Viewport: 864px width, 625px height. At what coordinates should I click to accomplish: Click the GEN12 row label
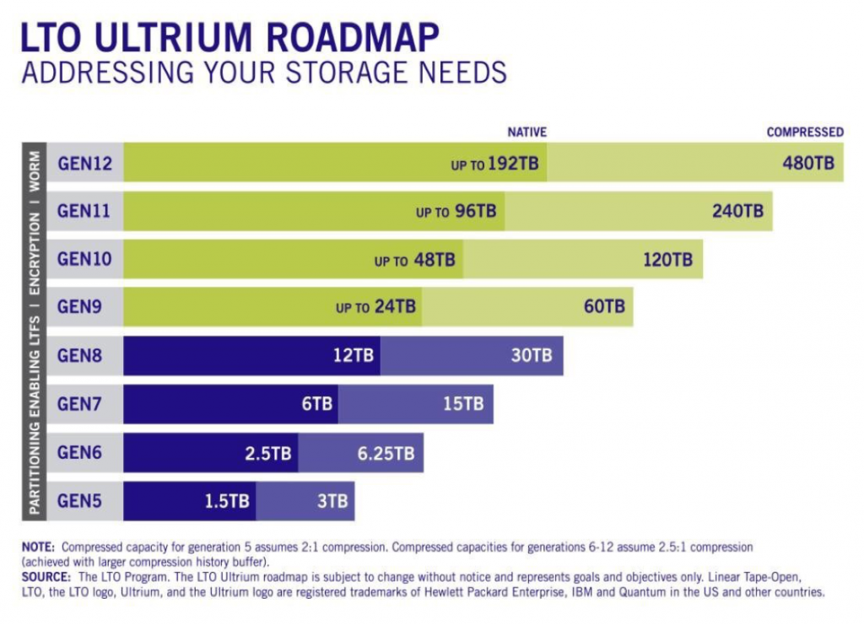point(84,163)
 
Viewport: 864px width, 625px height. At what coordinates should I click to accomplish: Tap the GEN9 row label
point(80,307)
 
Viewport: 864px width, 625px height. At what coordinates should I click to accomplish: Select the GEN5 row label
point(80,500)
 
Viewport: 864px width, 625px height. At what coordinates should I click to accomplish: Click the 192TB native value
point(512,164)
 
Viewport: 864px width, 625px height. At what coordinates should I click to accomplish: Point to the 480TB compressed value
point(808,163)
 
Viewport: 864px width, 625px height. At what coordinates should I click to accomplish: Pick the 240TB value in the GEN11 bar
point(737,211)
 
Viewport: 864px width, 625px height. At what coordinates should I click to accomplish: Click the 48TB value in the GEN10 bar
point(435,260)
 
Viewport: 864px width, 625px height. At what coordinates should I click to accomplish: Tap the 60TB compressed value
point(604,307)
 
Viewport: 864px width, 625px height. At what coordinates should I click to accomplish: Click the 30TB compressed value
point(532,355)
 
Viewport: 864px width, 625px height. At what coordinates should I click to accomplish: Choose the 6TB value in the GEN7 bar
point(317,404)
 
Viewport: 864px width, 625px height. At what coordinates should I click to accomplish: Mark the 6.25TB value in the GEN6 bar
point(386,453)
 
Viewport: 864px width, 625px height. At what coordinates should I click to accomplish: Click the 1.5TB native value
point(227,501)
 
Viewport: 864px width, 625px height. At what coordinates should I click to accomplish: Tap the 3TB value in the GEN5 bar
point(332,501)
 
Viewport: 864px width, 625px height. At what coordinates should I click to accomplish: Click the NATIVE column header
point(526,132)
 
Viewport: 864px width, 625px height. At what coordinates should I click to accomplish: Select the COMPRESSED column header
point(805,132)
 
